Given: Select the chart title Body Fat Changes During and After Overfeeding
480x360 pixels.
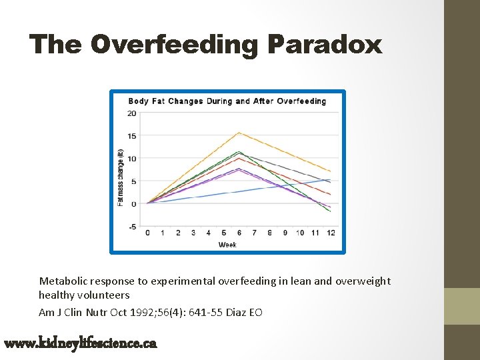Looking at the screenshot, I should [x=227, y=101].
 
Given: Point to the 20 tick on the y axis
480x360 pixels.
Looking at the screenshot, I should [x=132, y=113].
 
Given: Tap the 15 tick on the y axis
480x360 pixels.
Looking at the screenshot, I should [x=132, y=136].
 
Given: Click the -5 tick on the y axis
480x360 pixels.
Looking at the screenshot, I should [x=132, y=227].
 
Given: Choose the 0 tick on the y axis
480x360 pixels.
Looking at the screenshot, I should [x=133, y=204].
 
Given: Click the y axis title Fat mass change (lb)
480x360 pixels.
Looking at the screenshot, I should [x=121, y=170].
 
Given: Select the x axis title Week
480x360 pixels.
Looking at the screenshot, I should [x=227, y=245].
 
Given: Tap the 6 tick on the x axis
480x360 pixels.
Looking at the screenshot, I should [x=239, y=233].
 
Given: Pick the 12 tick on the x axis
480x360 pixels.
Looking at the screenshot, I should [x=331, y=233].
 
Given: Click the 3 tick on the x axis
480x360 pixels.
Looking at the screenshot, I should [x=193, y=233].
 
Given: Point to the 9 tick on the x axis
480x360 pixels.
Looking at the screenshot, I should [x=285, y=233].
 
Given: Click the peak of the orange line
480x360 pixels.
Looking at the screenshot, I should [x=239, y=133].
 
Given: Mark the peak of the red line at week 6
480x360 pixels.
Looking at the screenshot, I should [x=239, y=158].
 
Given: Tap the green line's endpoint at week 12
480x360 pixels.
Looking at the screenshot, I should [x=330, y=211].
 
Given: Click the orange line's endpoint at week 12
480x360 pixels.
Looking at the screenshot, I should [x=330, y=171].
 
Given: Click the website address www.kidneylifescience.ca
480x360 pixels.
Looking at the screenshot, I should [x=80, y=344].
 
